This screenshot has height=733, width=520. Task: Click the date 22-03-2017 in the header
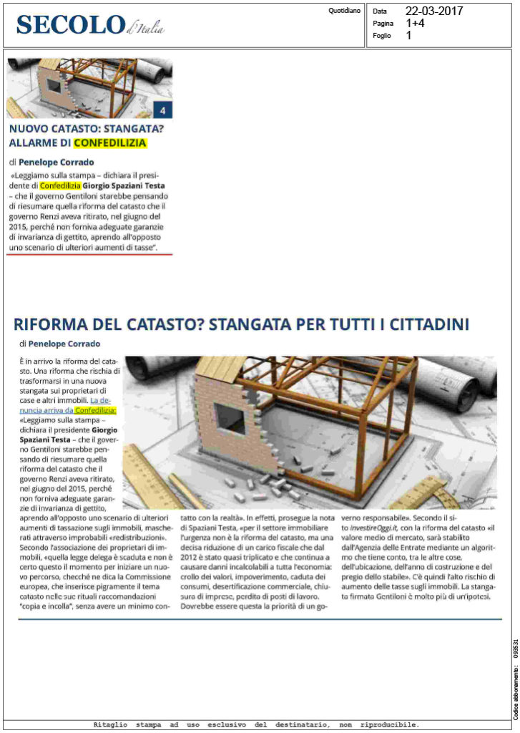pos(433,11)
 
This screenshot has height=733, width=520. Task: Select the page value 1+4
pos(415,23)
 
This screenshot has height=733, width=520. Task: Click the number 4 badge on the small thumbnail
pos(163,110)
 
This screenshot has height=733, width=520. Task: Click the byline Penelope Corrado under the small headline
pos(51,162)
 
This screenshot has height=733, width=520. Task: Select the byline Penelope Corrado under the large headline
pos(64,344)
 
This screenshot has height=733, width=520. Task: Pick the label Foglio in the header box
pos(383,35)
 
